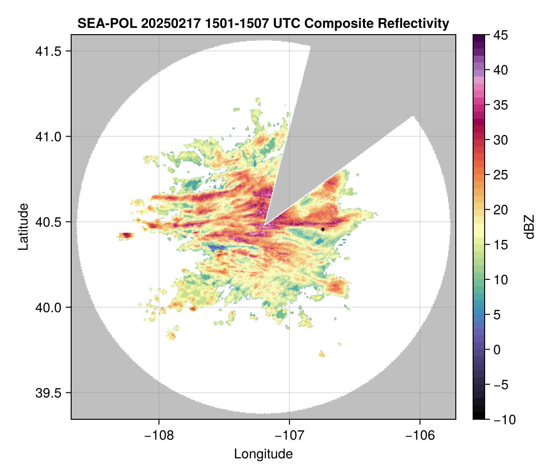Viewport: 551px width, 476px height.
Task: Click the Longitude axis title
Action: coord(263,454)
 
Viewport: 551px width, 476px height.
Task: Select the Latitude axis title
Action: coord(23,226)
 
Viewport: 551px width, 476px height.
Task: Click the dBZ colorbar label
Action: coord(529,227)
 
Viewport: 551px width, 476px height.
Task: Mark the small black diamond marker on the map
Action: coord(323,229)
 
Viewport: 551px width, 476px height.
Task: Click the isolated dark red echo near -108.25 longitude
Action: coord(126,235)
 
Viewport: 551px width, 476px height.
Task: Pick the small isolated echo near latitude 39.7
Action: coord(322,355)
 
